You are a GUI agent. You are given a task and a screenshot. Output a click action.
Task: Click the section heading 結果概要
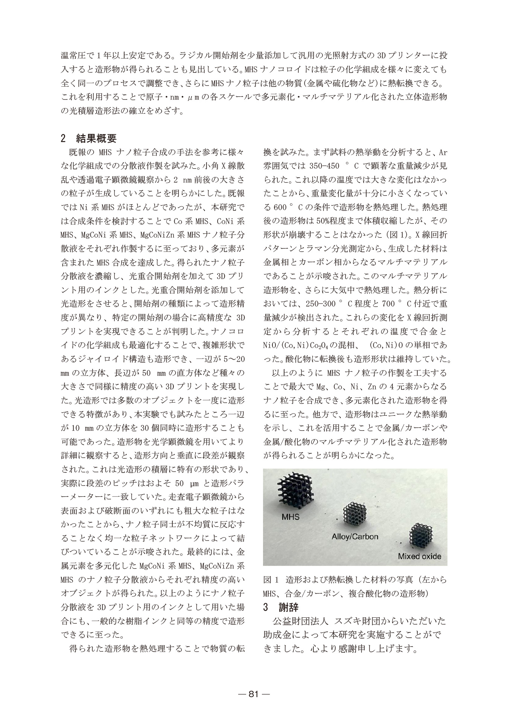coord(96,138)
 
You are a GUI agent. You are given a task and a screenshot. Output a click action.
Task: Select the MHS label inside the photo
coord(291,517)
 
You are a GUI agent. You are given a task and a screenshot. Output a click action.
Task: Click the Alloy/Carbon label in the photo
coord(355,536)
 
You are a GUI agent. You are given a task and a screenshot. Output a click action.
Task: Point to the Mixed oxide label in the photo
coord(420,556)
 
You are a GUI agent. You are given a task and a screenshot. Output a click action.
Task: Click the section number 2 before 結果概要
coord(63,138)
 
